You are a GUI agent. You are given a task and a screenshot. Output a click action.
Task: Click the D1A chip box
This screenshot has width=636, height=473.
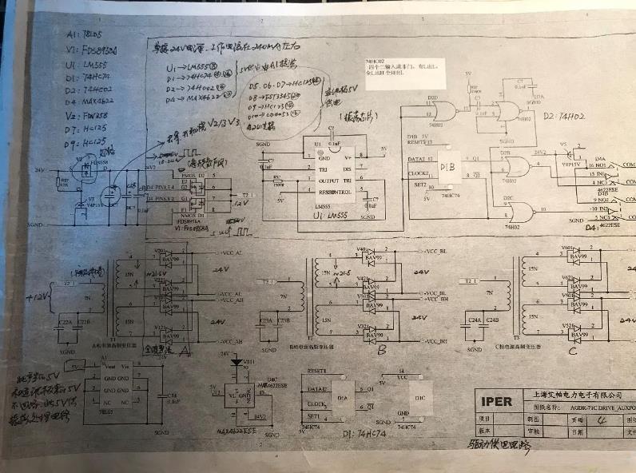click(x=344, y=396)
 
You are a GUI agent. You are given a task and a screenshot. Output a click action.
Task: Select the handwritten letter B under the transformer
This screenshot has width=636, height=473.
click(x=382, y=350)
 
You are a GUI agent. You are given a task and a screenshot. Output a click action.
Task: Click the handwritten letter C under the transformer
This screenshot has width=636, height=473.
click(x=572, y=350)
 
